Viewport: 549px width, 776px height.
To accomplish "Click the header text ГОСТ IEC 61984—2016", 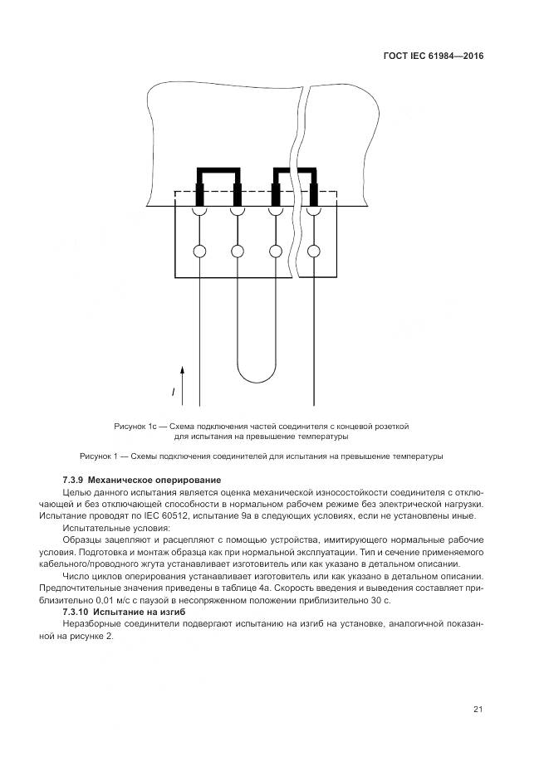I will point(434,56).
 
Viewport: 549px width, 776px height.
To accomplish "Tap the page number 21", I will point(478,709).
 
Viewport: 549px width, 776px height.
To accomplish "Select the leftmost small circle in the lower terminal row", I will point(199,251).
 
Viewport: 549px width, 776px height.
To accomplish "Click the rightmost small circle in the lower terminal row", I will point(314,251).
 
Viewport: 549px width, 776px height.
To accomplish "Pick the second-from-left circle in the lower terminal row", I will point(238,251).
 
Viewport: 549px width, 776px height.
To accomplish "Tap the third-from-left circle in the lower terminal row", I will point(276,251).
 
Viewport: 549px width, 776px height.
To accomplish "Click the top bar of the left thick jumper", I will point(218,171).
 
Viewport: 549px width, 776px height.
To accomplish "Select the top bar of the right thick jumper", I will point(295,171).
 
